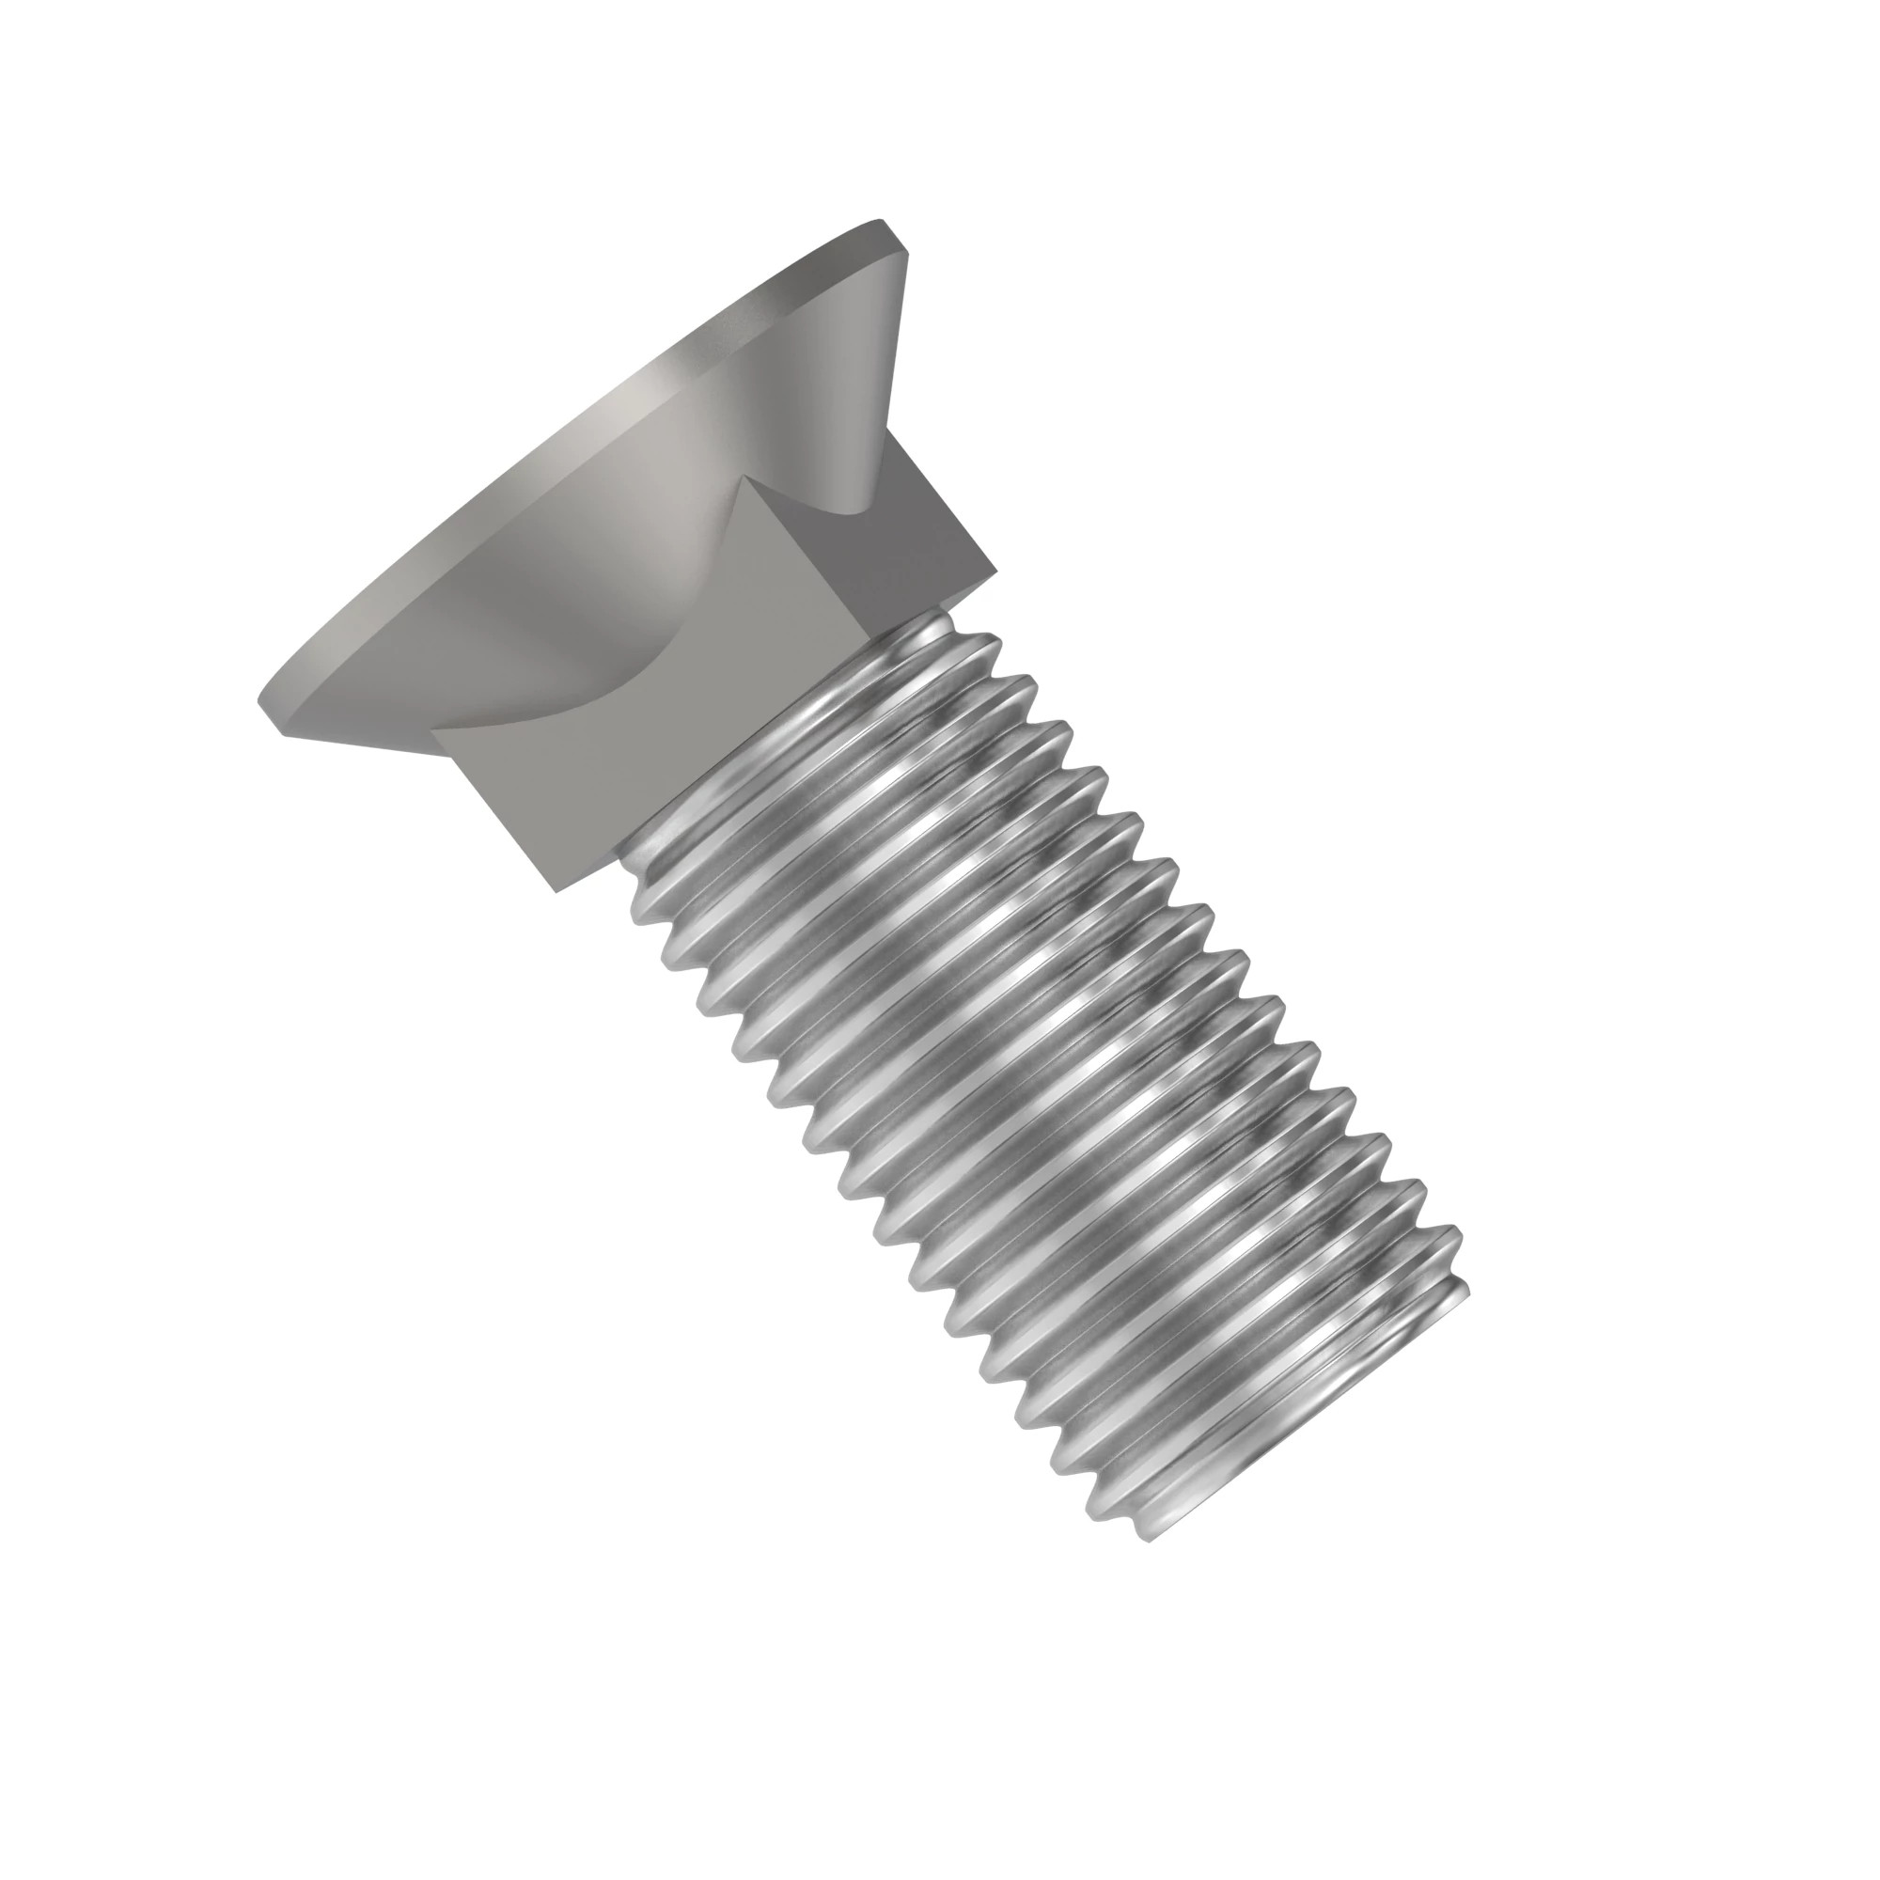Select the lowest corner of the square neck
[x=555, y=890]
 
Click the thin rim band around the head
[x=545, y=467]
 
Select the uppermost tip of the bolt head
[x=881, y=222]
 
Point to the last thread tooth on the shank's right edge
[x=1460, y=1290]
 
